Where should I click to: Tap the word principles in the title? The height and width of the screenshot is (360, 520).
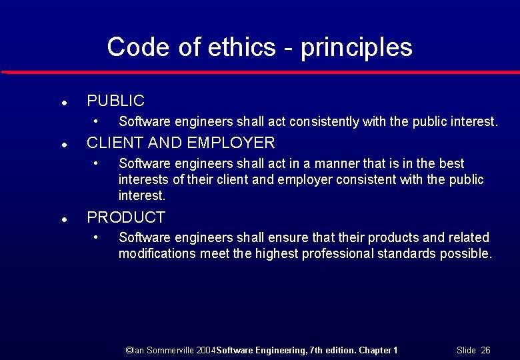(x=356, y=48)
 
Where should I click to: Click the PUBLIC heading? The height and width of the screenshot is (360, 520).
(x=115, y=101)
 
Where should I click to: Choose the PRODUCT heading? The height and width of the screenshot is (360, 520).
(x=126, y=217)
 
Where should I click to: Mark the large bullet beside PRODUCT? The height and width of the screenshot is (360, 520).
(x=62, y=219)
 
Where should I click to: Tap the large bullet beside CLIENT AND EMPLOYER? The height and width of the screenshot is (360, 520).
(x=62, y=144)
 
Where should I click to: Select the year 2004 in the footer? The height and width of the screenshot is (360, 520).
(x=207, y=350)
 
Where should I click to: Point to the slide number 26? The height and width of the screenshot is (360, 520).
(x=485, y=350)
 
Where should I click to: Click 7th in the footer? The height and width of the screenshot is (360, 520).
(x=319, y=350)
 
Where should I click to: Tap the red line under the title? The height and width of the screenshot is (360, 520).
(x=260, y=71)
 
